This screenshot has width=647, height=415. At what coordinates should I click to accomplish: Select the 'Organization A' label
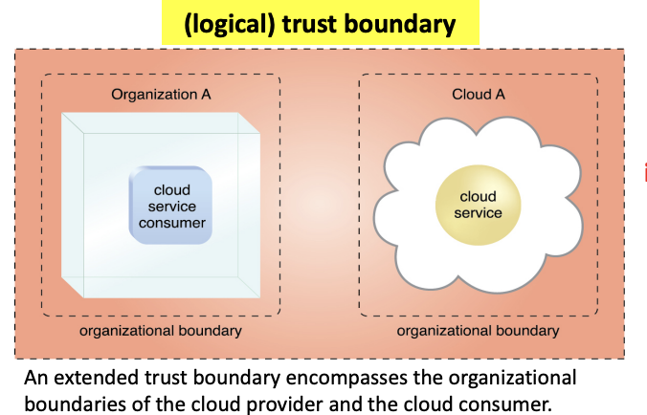point(161,95)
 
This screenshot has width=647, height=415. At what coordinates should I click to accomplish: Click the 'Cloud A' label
point(479,95)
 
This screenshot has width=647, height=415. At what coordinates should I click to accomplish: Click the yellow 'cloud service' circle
point(478,205)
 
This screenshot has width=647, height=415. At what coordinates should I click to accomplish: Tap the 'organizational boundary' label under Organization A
point(161,331)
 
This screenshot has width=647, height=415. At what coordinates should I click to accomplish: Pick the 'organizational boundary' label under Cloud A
point(478,331)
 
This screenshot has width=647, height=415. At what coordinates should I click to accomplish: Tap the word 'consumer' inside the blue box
point(172,223)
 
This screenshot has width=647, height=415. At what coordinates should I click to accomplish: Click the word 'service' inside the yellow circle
point(478,212)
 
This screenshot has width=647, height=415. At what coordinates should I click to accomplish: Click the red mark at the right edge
point(644,172)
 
